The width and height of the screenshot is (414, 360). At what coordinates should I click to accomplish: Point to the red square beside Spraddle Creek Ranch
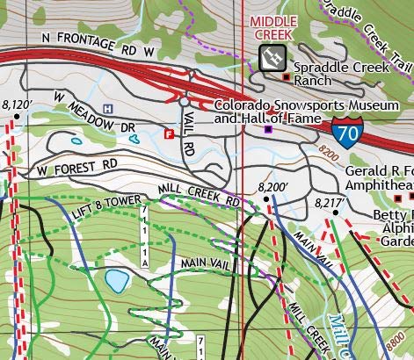[x=286, y=78]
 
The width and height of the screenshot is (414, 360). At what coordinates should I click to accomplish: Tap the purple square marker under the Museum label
[x=268, y=129]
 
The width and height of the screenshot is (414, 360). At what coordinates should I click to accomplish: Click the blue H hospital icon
[x=108, y=108]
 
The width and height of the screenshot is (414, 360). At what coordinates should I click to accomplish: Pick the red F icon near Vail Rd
[x=169, y=133]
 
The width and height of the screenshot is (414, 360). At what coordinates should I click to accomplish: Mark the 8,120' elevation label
[x=17, y=104]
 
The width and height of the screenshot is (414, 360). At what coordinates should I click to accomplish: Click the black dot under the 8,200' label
[x=268, y=200]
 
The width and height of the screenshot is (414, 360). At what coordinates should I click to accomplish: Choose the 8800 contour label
[x=399, y=337]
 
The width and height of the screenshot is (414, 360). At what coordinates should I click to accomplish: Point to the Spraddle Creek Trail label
[x=369, y=22]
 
